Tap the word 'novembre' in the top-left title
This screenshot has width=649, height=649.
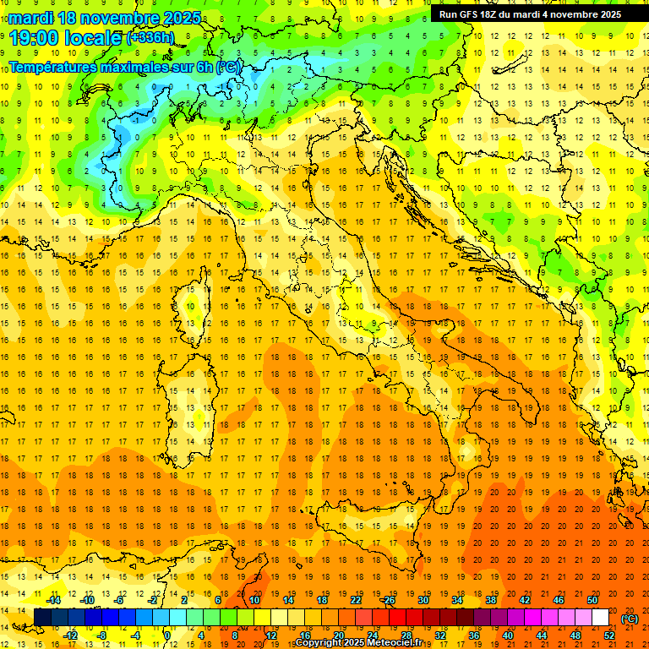click(x=119, y=18)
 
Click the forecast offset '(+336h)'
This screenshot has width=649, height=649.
click(x=151, y=38)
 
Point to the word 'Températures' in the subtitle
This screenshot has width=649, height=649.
click(x=53, y=66)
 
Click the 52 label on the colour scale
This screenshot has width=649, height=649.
click(x=608, y=635)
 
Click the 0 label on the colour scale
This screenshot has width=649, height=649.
click(x=167, y=635)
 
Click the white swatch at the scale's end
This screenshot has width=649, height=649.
click(x=600, y=618)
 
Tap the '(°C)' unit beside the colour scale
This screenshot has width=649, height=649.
click(x=630, y=618)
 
